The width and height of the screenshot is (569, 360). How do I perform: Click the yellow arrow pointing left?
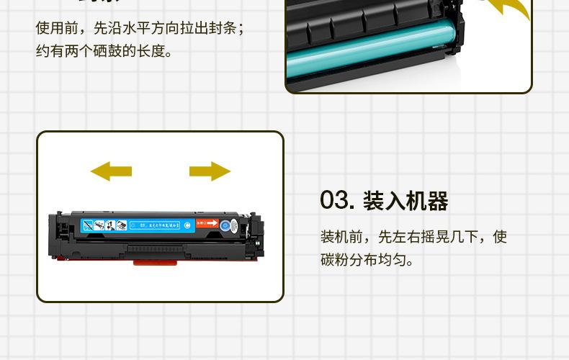coord(111,171)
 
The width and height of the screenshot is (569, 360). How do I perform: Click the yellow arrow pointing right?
coord(210,171)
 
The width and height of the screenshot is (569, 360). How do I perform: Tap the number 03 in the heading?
coord(336,201)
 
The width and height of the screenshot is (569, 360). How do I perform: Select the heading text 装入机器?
coord(406,201)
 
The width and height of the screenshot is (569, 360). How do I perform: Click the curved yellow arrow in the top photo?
coord(504,9)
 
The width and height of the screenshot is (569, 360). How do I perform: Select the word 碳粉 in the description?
coord(335,259)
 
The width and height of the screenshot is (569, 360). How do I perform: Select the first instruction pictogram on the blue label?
coord(87,225)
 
